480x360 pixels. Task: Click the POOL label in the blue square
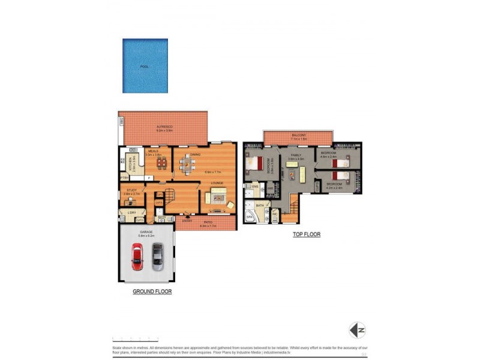tap(144, 67)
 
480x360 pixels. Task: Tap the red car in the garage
tap(137, 256)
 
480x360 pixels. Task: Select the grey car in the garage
tap(157, 256)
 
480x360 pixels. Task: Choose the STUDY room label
tap(131, 191)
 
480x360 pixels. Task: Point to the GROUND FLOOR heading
tap(152, 292)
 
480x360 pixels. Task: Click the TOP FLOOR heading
tap(306, 235)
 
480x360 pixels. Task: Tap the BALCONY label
tap(298, 135)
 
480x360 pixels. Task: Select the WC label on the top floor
tap(275, 213)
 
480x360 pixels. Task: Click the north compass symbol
tap(358, 330)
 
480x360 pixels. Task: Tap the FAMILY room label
tap(295, 155)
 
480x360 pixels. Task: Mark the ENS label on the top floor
tap(255, 187)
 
